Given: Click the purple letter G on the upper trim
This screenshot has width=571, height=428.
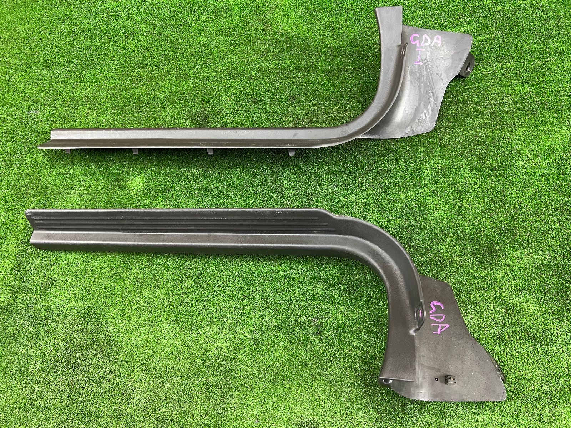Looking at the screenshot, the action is point(416,42).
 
